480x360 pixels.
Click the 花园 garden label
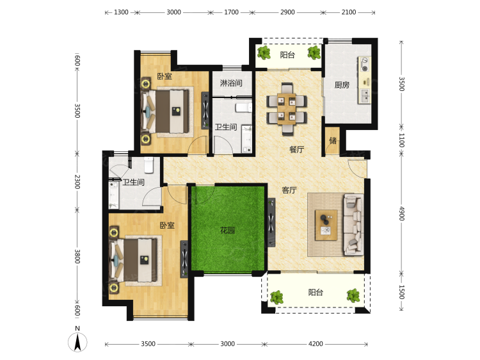pyautogui.click(x=227, y=230)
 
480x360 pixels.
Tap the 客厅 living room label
pyautogui.click(x=289, y=190)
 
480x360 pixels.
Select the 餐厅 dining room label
pyautogui.click(x=296, y=149)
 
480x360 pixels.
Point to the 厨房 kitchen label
pyautogui.click(x=342, y=85)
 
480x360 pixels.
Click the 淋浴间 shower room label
pyautogui.click(x=231, y=83)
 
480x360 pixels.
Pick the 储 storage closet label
pyautogui.click(x=333, y=141)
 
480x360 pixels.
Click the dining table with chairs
pyautogui.click(x=287, y=109)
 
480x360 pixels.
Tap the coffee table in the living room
pyautogui.click(x=326, y=225)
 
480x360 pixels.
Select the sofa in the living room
pyautogui.click(x=353, y=224)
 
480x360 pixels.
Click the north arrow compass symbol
pyautogui.click(x=77, y=341)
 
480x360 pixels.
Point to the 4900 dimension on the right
pyautogui.click(x=402, y=213)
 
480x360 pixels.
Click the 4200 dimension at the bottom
pyautogui.click(x=316, y=344)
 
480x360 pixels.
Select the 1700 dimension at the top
pyautogui.click(x=231, y=12)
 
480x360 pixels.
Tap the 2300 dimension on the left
pyautogui.click(x=77, y=182)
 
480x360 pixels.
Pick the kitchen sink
pyautogui.click(x=365, y=96)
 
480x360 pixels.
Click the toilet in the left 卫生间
pyautogui.click(x=148, y=165)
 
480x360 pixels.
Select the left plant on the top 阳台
pyautogui.click(x=264, y=53)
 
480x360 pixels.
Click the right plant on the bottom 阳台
pyautogui.click(x=353, y=295)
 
